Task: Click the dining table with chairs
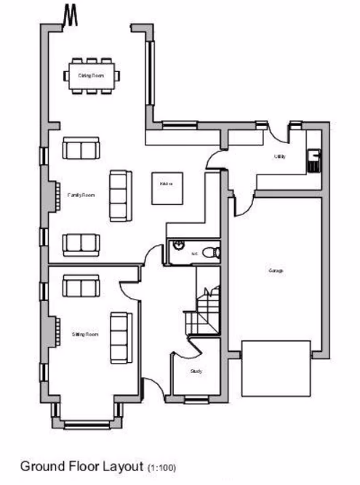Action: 91,75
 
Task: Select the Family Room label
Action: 81,195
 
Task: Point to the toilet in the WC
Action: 210,253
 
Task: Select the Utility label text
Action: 279,156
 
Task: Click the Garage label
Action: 275,270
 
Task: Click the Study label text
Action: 196,371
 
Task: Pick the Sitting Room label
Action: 86,334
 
